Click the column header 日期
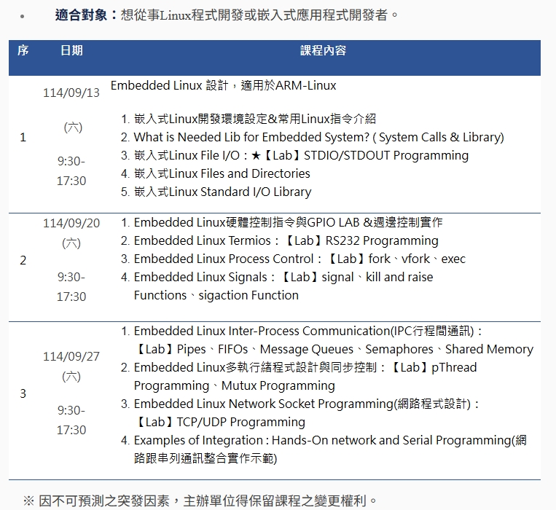pos(71,50)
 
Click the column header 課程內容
pos(323,50)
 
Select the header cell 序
pos(23,50)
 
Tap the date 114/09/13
pos(71,93)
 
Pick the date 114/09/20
pos(71,223)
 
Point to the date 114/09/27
pos(71,356)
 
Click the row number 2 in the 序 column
pos(23,261)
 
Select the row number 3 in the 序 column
pos(23,393)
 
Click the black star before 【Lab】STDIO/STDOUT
pos(256,156)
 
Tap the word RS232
pos(342,240)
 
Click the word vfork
pos(415,259)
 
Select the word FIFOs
pos(232,350)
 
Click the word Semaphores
pos(399,350)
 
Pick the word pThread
pos(454,367)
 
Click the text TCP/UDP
pos(202,422)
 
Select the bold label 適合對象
pos(81,15)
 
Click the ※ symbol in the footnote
pos(28,501)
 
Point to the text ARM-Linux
pos(305,86)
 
